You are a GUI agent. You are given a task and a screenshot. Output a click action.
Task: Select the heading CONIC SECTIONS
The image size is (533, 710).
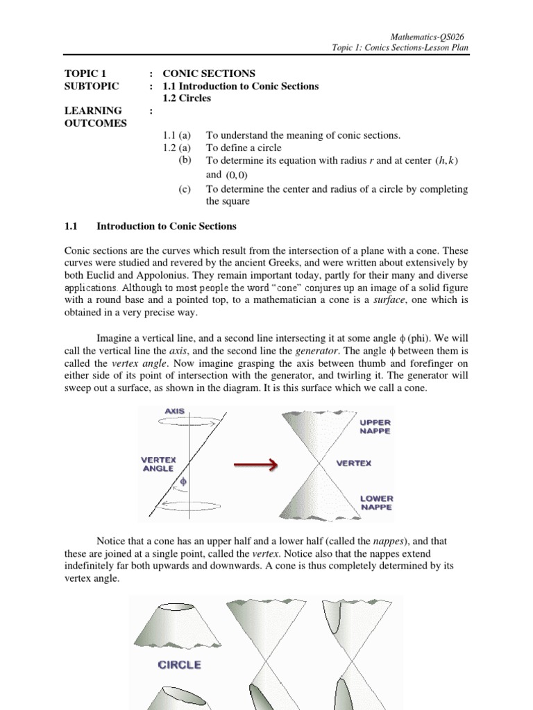pyautogui.click(x=209, y=73)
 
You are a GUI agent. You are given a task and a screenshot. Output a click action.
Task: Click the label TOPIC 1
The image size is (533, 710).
pyautogui.click(x=86, y=73)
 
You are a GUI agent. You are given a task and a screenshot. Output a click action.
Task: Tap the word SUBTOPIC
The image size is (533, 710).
pyautogui.click(x=92, y=86)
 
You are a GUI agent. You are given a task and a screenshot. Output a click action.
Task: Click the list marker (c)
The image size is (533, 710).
pyautogui.click(x=184, y=189)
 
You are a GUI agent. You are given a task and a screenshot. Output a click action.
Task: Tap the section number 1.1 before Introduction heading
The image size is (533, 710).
pyautogui.click(x=73, y=226)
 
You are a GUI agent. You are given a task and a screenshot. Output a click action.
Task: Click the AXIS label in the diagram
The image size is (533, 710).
pyautogui.click(x=174, y=411)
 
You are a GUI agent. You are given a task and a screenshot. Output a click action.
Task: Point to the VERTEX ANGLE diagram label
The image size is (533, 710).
pyautogui.click(x=159, y=463)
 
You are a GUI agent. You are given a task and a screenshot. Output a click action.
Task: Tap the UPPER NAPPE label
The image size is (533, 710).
pyautogui.click(x=375, y=426)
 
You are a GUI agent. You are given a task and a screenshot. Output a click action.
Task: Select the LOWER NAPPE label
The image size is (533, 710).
pyautogui.click(x=375, y=503)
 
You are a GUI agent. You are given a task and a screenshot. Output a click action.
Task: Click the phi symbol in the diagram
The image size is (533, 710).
pyautogui.click(x=183, y=480)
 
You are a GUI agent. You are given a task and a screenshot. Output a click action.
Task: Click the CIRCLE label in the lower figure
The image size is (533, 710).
pyautogui.click(x=180, y=664)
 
